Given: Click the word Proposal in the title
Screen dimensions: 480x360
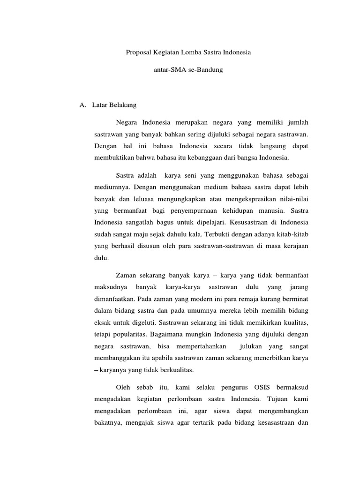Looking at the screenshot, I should click(138, 53).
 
